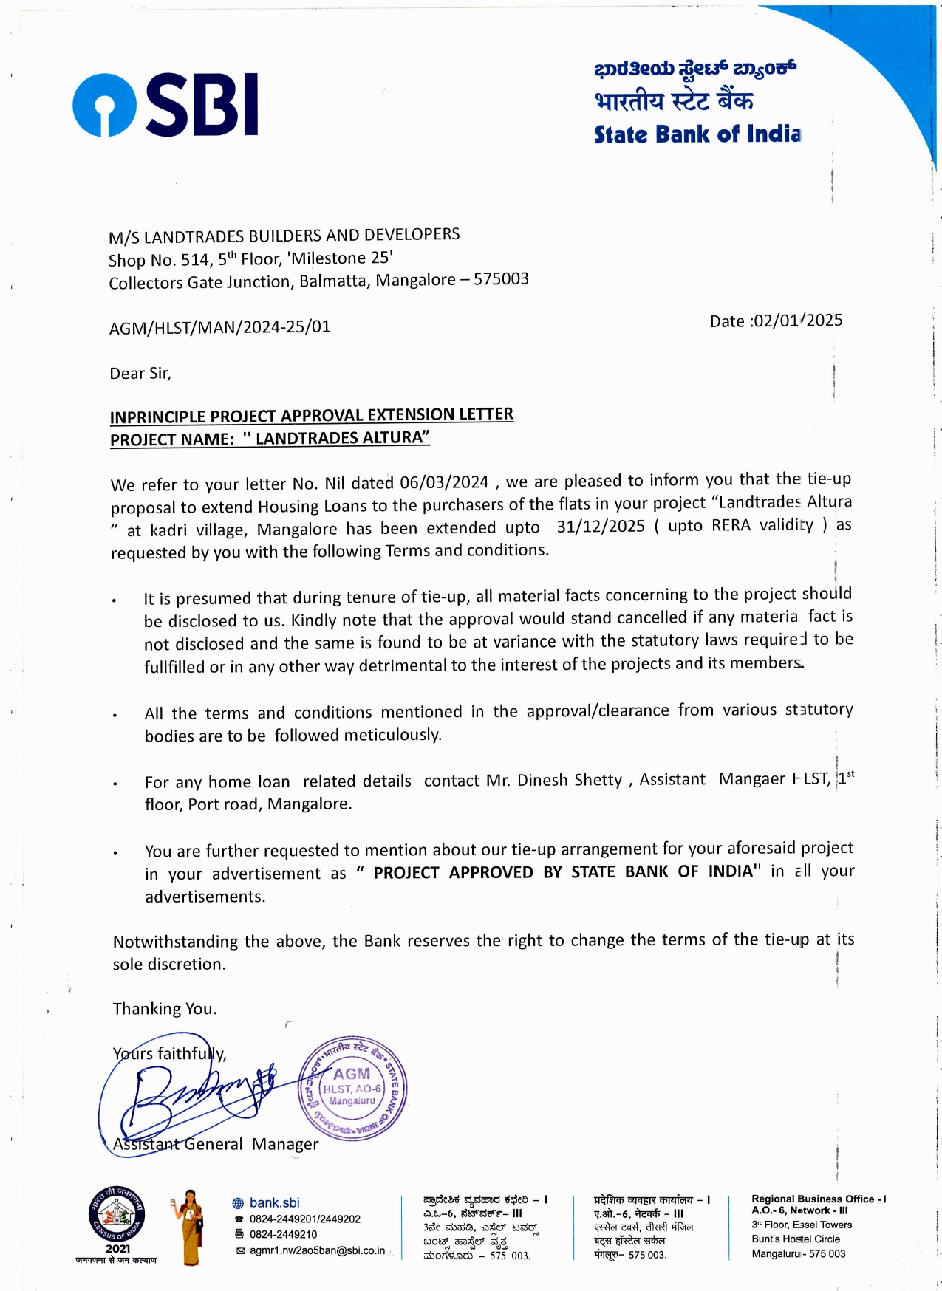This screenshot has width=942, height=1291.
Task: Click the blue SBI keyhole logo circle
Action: pyautogui.click(x=104, y=105)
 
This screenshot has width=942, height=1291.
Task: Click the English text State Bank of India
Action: pyautogui.click(x=697, y=134)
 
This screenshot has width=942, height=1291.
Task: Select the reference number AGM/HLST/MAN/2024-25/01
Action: pyautogui.click(x=219, y=327)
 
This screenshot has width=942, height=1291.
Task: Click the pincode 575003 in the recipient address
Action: pyautogui.click(x=501, y=279)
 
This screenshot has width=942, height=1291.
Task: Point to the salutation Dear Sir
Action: pyautogui.click(x=140, y=374)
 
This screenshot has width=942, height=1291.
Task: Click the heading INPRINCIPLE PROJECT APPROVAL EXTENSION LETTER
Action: pyautogui.click(x=311, y=416)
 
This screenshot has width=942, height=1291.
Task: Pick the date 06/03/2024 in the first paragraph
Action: pyautogui.click(x=444, y=483)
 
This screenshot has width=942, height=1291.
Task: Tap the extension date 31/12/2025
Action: pyautogui.click(x=601, y=527)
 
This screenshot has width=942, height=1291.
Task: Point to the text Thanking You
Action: pyautogui.click(x=165, y=1009)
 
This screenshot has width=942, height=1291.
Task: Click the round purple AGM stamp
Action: pyautogui.click(x=352, y=1087)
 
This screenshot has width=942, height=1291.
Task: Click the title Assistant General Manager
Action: pyautogui.click(x=216, y=1144)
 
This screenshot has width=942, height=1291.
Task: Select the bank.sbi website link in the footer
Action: pyautogui.click(x=274, y=1203)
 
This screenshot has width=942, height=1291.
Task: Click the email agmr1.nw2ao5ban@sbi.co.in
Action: pyautogui.click(x=317, y=1250)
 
